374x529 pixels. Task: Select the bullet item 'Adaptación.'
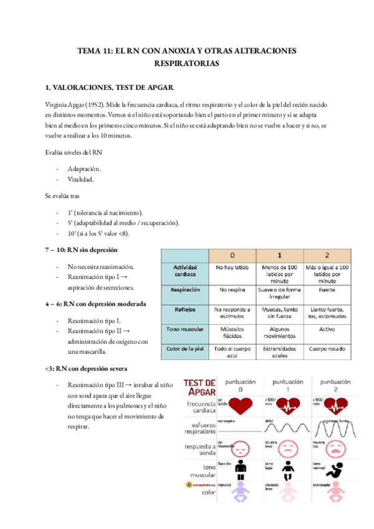click(84, 169)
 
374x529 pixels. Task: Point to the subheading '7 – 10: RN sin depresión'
click(82, 250)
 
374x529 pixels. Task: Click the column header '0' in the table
click(232, 255)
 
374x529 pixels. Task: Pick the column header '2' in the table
click(327, 255)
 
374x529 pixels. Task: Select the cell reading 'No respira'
click(232, 290)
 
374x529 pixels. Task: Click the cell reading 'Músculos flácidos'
click(232, 332)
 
